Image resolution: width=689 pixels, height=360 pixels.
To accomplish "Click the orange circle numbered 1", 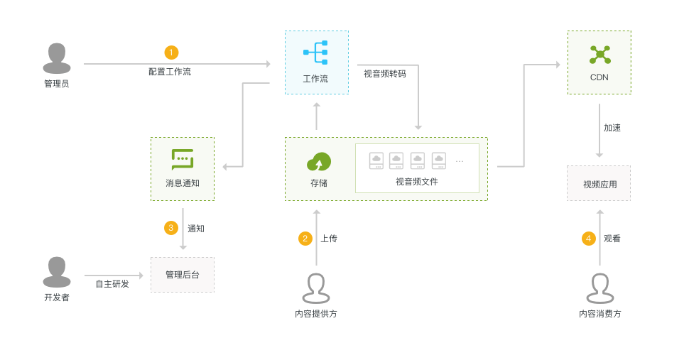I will coord(171,53).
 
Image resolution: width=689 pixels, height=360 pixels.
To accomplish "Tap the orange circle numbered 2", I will coord(305,239).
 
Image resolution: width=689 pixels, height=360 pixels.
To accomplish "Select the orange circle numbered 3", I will coord(171,228).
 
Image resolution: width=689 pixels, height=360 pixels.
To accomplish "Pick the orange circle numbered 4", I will coord(589,239).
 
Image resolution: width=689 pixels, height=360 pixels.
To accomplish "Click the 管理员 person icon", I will coord(57,58).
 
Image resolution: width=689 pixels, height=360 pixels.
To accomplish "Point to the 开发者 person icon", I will coord(57,272).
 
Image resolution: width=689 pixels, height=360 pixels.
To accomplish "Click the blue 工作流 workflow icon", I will coord(316,53).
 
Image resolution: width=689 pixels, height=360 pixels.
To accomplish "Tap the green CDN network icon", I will coord(600,55).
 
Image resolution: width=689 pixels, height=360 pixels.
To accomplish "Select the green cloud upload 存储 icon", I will coord(319,162).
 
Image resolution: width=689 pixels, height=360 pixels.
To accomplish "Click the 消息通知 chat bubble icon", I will coord(183,158).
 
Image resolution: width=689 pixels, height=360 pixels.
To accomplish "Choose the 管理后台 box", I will coord(183,275).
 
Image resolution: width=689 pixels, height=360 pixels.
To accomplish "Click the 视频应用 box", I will coord(600,184).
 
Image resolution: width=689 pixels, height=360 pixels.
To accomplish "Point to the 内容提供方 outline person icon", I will coord(316,288).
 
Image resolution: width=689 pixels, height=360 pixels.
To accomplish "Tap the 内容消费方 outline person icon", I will coord(600,288).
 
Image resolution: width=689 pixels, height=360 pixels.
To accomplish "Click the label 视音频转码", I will coord(385,74).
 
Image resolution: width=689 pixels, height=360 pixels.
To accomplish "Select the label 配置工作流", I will coord(170,72).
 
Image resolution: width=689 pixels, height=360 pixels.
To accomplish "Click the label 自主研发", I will coord(112,284).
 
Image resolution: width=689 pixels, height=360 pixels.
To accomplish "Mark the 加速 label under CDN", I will coord(612,128).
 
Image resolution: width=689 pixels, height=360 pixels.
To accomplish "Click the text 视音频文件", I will coord(417,182).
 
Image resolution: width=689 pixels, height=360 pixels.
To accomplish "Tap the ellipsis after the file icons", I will coord(460,161).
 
